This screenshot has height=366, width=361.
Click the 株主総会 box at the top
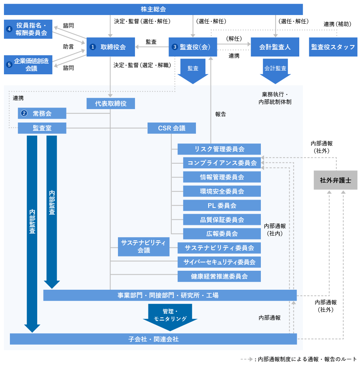(153, 9)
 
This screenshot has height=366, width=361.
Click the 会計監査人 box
(275, 47)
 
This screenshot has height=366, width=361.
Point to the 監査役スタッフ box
(333, 47)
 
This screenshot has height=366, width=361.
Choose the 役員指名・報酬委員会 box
(28, 29)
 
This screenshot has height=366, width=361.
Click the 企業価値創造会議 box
(28, 65)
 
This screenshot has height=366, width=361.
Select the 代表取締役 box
(111, 104)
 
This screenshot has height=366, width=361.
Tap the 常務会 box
(42, 113)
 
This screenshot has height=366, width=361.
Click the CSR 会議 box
(172, 128)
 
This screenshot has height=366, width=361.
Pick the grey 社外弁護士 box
(335, 180)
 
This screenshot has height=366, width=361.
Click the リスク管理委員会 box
(219, 149)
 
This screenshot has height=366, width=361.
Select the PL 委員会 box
(222, 206)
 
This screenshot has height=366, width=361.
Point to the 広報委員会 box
(222, 234)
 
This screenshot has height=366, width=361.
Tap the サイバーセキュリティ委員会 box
(219, 262)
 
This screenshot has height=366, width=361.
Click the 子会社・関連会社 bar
(153, 339)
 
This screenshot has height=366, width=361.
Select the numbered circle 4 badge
(9, 29)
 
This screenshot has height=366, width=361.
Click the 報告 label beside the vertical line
(220, 114)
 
